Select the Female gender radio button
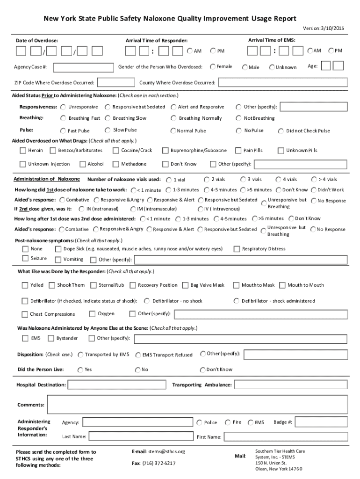click(213, 66)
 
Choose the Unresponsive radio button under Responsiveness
click(63, 107)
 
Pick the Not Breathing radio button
click(239, 118)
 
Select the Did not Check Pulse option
click(281, 131)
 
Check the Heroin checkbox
click(23, 151)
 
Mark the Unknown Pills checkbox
click(281, 151)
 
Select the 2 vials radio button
click(219, 180)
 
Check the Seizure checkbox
click(25, 259)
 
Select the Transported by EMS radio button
click(80, 355)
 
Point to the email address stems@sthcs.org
click(167, 451)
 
